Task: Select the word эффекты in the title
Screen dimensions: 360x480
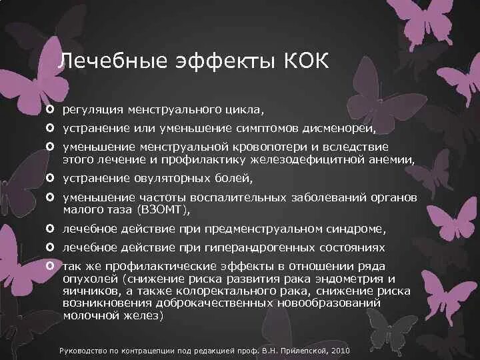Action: click(214, 61)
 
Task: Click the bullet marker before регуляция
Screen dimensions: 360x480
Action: click(51, 109)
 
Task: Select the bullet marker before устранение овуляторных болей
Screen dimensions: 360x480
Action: click(51, 178)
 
